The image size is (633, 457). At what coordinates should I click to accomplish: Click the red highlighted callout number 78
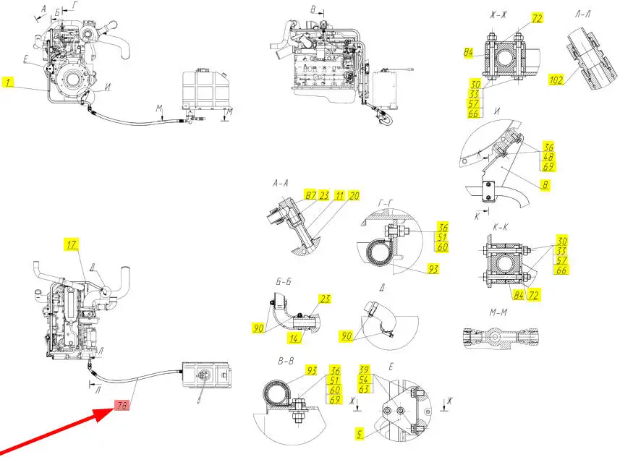122,406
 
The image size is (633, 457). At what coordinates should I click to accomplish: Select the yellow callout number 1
8,82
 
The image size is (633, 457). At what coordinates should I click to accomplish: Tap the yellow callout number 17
71,244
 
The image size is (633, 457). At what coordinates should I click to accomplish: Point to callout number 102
556,80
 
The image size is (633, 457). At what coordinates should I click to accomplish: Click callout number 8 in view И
545,184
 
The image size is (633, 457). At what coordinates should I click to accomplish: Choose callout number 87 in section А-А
311,196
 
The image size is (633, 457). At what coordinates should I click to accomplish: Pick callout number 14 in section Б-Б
294,338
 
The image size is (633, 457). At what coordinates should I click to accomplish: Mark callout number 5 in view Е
360,434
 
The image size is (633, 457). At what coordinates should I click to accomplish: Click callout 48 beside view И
548,156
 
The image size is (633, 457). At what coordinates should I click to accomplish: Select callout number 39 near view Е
364,370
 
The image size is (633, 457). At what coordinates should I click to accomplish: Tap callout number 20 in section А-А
354,196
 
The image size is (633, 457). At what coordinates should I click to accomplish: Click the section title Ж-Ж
498,15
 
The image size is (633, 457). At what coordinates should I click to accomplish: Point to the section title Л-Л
583,14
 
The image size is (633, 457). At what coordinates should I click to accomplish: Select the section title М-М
498,312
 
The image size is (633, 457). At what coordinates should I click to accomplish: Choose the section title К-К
501,228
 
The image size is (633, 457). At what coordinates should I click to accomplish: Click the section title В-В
286,361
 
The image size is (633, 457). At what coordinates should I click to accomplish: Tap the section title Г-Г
386,204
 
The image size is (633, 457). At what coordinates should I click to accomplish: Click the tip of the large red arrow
114,409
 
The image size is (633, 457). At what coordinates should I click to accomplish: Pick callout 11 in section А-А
339,196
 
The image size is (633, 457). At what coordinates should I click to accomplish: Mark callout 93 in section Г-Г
433,269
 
